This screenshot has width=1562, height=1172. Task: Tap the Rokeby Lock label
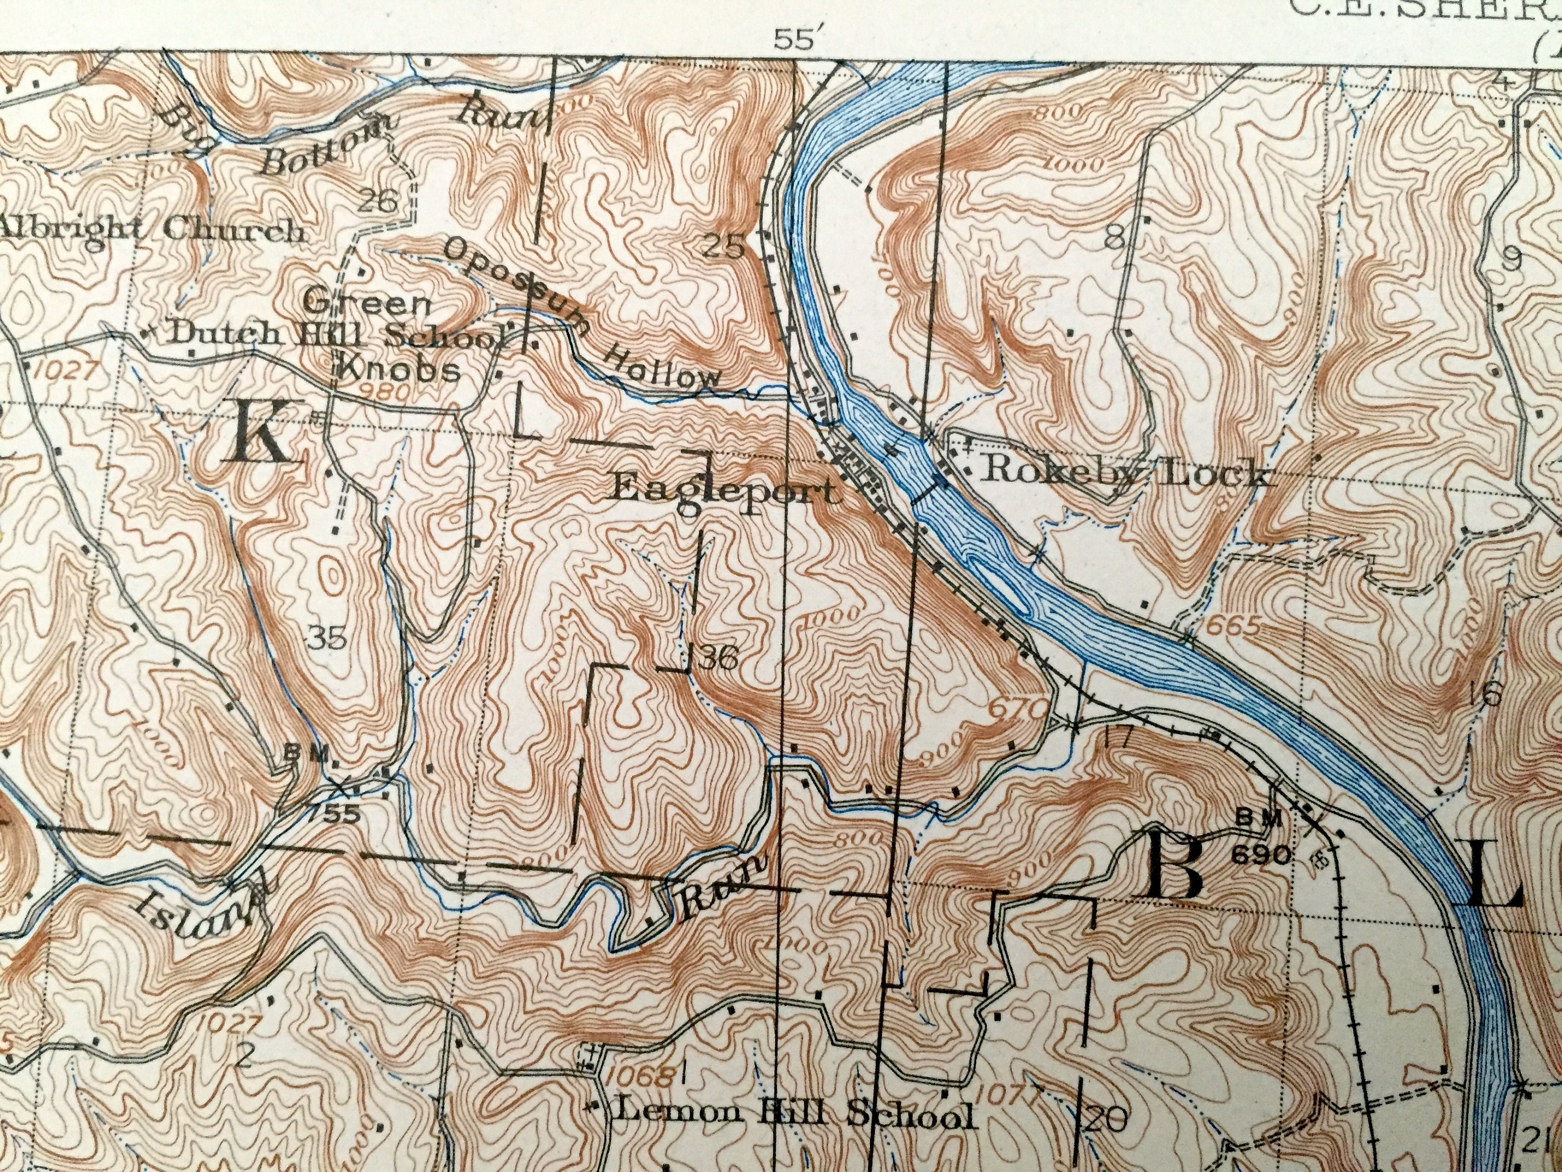[1126, 472]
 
